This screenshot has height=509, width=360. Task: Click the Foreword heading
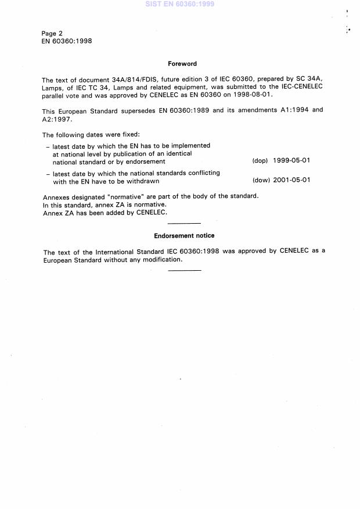182,64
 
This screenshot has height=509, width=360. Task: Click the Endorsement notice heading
184,236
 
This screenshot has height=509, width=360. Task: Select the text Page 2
53,33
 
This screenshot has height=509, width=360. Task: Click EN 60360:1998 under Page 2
67,41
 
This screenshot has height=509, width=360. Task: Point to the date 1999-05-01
291,160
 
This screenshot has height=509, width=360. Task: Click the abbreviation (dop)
260,160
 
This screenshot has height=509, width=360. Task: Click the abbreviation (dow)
260,180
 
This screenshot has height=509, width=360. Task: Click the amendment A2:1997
60,118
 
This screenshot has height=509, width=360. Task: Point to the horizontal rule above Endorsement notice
184,224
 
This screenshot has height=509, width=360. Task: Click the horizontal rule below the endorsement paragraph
184,271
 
